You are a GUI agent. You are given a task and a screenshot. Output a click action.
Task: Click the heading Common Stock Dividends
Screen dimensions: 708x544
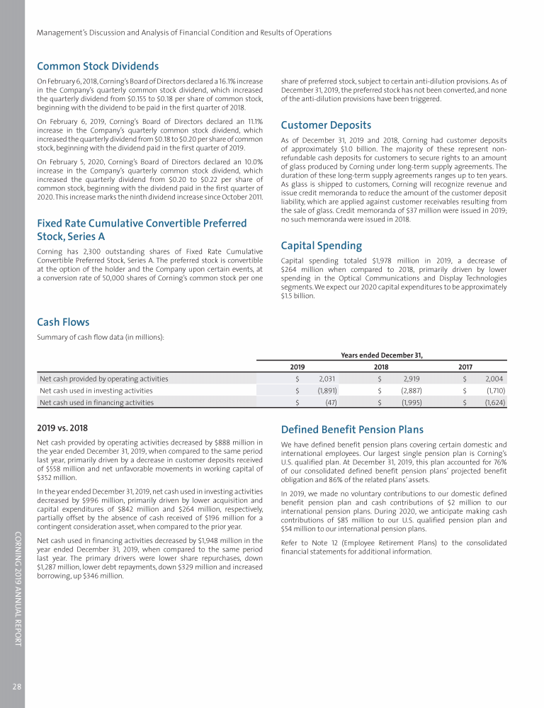(x=98, y=67)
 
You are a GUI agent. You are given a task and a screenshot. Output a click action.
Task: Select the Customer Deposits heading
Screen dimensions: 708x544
(x=326, y=125)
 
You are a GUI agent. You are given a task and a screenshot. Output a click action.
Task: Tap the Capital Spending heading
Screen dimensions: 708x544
(x=322, y=246)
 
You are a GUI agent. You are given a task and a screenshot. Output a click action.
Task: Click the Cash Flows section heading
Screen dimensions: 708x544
(x=63, y=322)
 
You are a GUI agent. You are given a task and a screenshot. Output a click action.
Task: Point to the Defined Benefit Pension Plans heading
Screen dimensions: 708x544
(x=352, y=429)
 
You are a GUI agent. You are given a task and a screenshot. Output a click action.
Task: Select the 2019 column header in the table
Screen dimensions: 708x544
(x=297, y=367)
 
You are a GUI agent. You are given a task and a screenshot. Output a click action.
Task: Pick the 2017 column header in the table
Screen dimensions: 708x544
(x=465, y=367)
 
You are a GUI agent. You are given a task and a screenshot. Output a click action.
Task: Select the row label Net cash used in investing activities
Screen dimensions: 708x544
(x=96, y=390)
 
